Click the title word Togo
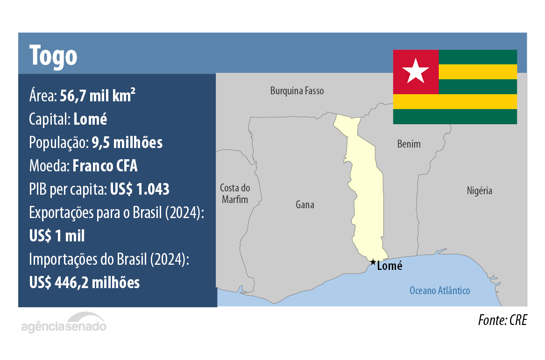53,56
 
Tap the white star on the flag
416,71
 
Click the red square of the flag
416,71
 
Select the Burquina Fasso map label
297,91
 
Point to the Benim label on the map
409,144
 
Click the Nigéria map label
479,191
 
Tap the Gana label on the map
305,205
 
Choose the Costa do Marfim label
235,194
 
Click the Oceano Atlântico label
439,290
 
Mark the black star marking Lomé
372,262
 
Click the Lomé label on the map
389,266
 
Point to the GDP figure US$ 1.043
139,189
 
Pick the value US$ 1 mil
57,236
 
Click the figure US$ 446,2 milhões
84,282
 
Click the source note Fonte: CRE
502,321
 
